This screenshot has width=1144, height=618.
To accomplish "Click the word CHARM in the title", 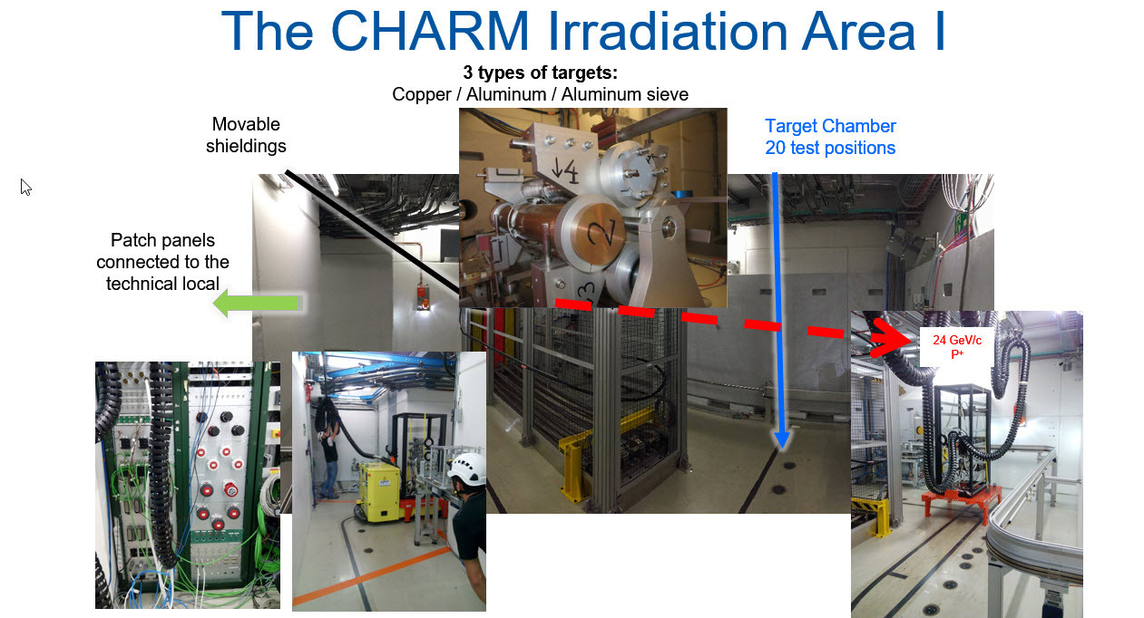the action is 430,31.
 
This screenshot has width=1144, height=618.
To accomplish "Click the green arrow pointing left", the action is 258,304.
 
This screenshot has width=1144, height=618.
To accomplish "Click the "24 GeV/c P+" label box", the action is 956,347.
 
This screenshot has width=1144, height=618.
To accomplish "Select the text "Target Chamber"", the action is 830,126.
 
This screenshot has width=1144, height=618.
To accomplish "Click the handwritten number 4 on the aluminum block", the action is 571,171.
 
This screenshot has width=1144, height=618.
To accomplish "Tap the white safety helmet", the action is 467,468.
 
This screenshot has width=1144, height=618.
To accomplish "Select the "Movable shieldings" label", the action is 246,135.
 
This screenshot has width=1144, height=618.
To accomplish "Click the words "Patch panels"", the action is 162,240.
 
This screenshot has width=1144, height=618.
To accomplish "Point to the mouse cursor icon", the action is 25,188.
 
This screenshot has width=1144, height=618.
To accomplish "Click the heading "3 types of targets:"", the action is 541,72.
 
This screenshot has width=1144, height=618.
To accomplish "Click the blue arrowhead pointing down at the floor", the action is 782,439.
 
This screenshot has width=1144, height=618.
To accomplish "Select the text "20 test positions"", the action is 830,148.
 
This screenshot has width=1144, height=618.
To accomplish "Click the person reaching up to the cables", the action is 329,462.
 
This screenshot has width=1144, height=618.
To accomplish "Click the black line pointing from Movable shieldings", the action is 372,232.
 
